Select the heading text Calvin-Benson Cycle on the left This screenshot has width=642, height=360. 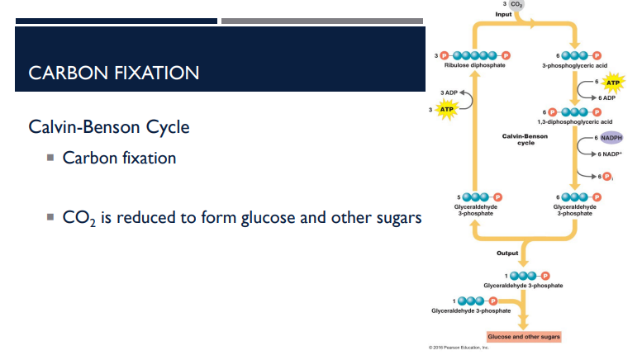point(108,128)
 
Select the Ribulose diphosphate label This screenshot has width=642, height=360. point(474,65)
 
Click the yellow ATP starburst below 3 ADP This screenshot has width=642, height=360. point(446,109)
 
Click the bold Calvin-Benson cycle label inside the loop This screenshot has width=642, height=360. point(525,139)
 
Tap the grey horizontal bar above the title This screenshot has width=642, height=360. point(322,21)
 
